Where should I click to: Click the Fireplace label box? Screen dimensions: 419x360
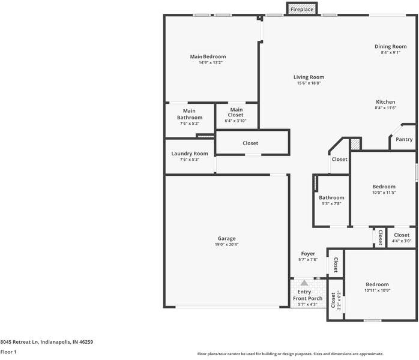pos(302,9)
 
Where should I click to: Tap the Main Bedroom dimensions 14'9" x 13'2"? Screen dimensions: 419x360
pos(211,62)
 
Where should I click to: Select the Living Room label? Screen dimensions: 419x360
pos(309,77)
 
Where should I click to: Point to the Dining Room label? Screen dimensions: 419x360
pos(390,46)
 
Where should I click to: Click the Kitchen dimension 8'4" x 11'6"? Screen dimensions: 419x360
pos(385,108)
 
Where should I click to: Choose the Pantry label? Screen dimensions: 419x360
pos(404,139)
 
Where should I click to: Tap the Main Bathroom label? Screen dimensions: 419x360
pos(190,114)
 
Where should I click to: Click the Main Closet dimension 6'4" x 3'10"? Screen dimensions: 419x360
pos(235,121)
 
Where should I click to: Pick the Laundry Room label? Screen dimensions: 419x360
pos(190,154)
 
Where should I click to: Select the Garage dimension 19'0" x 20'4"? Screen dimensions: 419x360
pos(226,244)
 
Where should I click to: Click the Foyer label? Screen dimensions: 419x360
pos(308,254)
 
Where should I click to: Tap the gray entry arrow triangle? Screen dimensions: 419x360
pos(304,283)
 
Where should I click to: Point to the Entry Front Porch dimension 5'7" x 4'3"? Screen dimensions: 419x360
pos(307,304)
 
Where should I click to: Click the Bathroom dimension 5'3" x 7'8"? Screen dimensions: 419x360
pos(331,203)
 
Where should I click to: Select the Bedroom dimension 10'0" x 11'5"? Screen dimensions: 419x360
pos(384,193)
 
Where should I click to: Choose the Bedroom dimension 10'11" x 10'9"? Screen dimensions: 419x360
pos(378,290)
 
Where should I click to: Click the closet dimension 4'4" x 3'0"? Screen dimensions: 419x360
pos(402,241)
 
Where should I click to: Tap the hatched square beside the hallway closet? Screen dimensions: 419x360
pos(355,144)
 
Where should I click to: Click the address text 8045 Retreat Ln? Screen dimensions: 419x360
pos(19,342)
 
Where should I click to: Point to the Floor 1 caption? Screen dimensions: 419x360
pos(8,352)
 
